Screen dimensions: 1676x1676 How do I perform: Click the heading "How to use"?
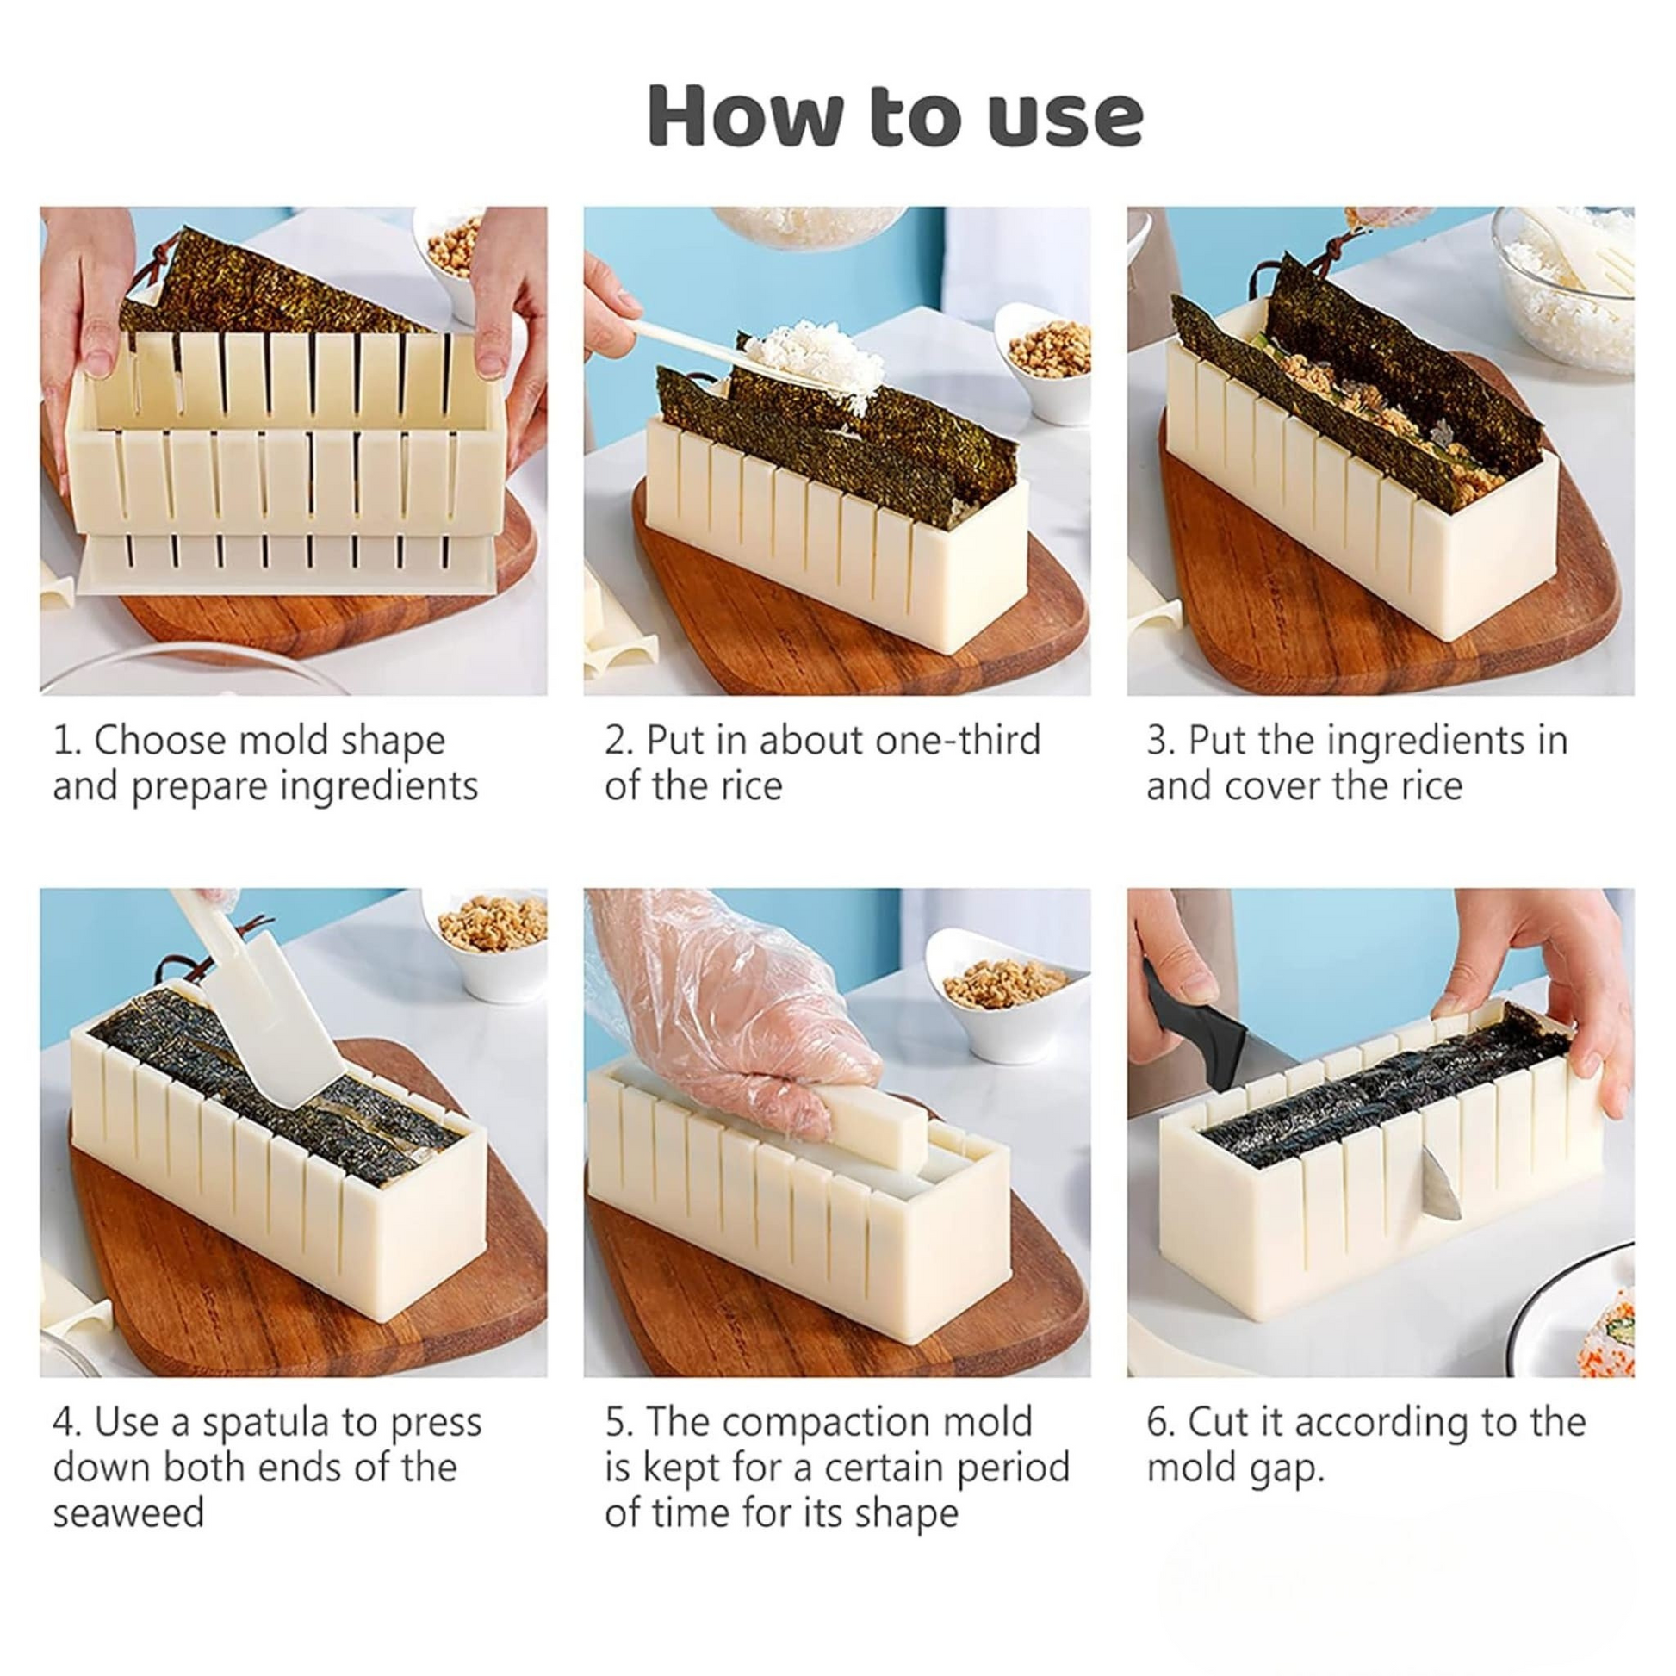point(895,115)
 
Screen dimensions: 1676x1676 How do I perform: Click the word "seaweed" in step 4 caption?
point(128,1514)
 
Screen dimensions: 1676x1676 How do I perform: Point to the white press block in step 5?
point(876,1127)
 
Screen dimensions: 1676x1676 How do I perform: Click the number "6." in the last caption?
point(1161,1424)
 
